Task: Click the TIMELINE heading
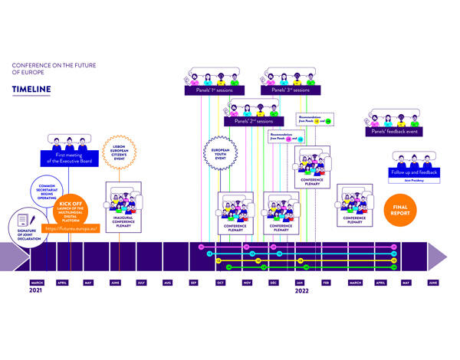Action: click(31, 90)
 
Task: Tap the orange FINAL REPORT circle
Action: click(400, 208)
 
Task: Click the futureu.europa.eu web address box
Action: click(71, 228)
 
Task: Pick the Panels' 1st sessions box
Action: click(213, 90)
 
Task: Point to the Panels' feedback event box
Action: click(395, 131)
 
